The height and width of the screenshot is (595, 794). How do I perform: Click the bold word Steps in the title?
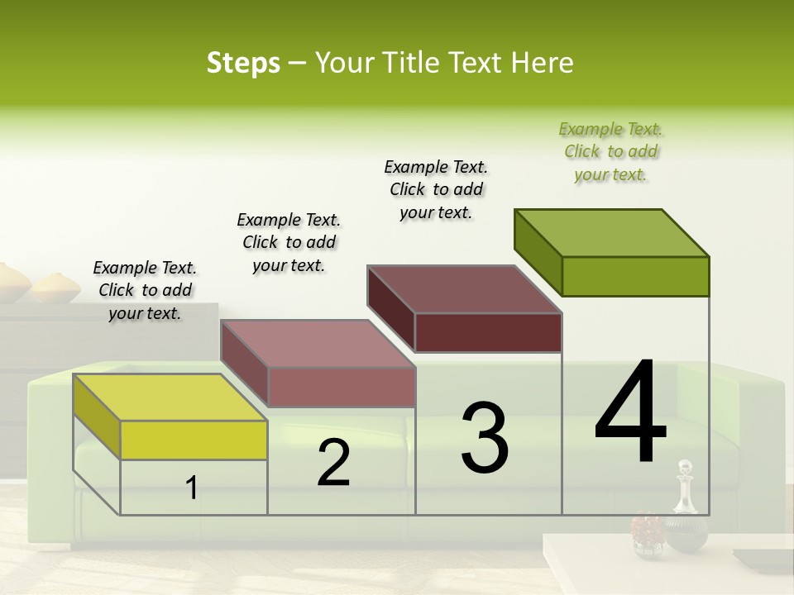point(243,63)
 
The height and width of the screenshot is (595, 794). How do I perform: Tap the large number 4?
point(630,413)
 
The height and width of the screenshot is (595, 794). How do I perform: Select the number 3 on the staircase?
point(485,438)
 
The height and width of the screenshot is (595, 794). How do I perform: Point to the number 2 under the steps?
point(333,463)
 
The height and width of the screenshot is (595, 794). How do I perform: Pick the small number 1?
point(191,488)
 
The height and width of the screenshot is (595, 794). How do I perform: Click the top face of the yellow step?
point(170,397)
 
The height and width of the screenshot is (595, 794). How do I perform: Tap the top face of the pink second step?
point(318,343)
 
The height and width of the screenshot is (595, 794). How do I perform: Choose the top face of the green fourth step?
point(612,233)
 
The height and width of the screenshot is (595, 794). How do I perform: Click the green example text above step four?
point(611,151)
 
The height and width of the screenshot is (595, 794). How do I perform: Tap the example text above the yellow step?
point(145,290)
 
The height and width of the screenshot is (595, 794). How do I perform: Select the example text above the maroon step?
point(436,189)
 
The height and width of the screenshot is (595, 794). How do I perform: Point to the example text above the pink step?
point(289,242)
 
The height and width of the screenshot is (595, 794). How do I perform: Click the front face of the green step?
point(635,276)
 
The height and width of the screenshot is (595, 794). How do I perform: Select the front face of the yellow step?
point(194,440)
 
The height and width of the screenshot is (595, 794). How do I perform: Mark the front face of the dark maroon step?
point(488,332)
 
